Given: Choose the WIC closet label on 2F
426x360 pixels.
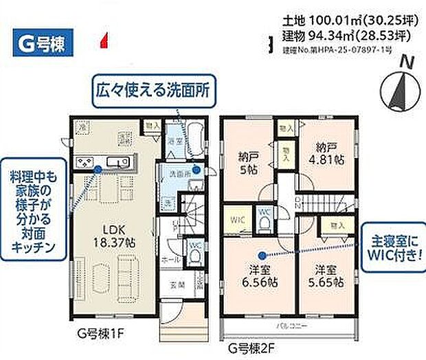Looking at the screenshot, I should (237, 220).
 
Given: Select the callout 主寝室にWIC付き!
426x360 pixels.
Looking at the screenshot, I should (394, 249).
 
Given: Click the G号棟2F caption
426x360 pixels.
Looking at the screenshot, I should (254, 348).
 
